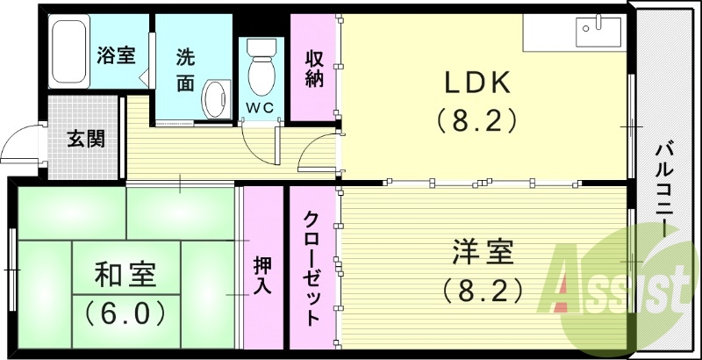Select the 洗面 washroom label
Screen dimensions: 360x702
click(x=185, y=68)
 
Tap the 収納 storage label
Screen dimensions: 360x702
click(x=315, y=68)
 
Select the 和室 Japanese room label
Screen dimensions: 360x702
click(x=126, y=275)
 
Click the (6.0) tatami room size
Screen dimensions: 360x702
click(x=126, y=312)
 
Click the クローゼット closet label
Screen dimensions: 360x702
click(x=312, y=268)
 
